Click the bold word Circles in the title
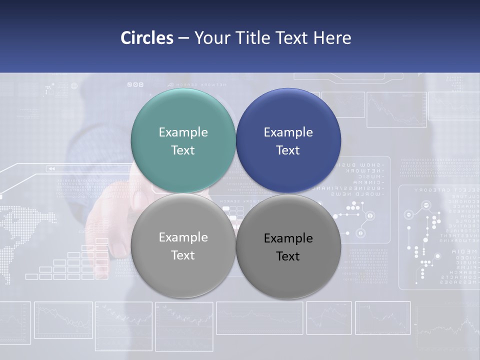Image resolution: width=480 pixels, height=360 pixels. click(x=147, y=38)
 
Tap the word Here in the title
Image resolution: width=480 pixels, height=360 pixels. click(x=332, y=38)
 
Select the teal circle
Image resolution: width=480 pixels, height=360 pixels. click(x=183, y=140)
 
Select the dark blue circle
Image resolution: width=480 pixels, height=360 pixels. click(x=288, y=140)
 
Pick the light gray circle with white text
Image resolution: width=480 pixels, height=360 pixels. click(x=183, y=245)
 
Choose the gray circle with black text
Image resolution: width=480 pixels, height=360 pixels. click(x=288, y=246)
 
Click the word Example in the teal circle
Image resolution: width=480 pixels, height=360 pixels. click(x=183, y=132)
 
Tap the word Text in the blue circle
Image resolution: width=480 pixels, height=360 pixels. click(x=287, y=150)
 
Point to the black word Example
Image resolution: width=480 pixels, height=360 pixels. click(x=288, y=238)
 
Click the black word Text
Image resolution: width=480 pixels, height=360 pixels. click(x=287, y=256)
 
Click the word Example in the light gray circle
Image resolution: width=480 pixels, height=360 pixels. click(x=183, y=237)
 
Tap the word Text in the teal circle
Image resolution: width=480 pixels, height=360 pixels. click(x=182, y=150)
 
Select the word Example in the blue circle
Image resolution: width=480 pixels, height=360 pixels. click(x=288, y=132)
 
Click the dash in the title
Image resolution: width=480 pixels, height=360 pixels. click(x=183, y=38)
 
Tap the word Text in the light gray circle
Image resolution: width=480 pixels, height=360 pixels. click(x=182, y=255)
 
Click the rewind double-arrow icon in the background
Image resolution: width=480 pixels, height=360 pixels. click(x=51, y=169)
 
